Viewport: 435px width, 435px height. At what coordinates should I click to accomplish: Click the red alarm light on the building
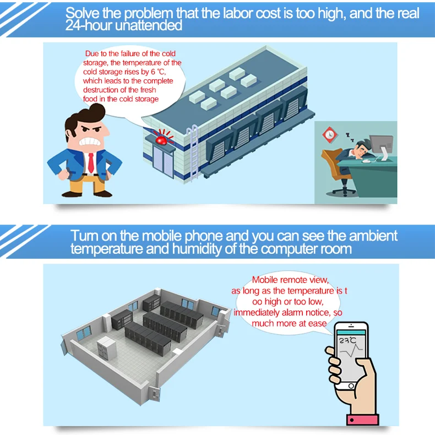pos(161,140)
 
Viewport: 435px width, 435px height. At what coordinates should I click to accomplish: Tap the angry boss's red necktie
pos(91,162)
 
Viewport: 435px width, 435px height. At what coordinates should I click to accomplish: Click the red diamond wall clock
pos(330,134)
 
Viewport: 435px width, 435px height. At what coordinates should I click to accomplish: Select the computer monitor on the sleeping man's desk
pos(382,146)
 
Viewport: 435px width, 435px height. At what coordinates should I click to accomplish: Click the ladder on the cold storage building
pos(193,153)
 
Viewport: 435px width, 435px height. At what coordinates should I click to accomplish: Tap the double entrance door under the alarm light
pos(164,162)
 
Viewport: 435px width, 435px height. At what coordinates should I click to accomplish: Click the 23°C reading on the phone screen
pos(347,340)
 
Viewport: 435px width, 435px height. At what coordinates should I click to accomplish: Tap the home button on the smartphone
pos(351,386)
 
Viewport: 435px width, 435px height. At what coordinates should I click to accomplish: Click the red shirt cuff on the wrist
pos(363,420)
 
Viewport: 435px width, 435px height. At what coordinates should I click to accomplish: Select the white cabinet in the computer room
pos(106,347)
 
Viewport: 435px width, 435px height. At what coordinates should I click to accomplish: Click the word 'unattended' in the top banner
pos(149,25)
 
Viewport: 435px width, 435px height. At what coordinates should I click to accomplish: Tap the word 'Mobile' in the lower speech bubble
pos(264,280)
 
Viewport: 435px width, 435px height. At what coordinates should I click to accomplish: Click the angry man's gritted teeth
pos(89,142)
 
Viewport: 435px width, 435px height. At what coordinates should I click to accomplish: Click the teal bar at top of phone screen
pos(351,333)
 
